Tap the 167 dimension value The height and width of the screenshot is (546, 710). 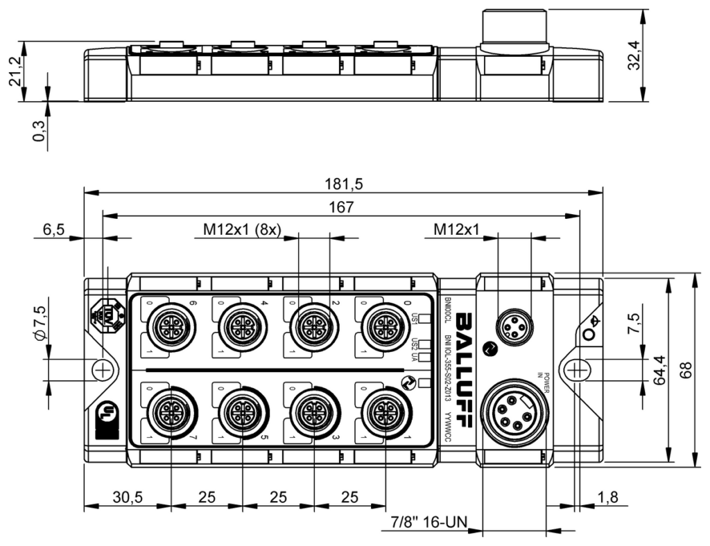[342, 207]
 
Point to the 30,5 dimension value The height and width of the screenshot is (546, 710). [127, 497]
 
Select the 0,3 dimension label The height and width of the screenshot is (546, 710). [39, 131]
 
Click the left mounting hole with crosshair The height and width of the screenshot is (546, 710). [103, 370]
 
